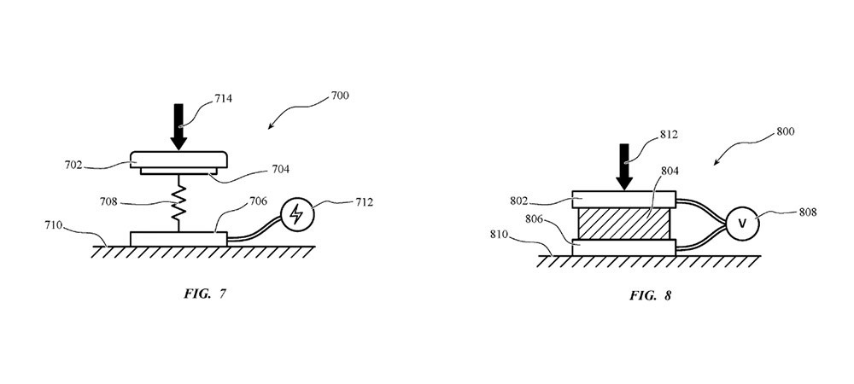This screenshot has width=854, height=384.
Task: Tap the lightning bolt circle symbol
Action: coord(296,215)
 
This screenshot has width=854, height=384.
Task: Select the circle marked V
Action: coord(741,224)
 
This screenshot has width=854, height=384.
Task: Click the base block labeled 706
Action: coord(178,238)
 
